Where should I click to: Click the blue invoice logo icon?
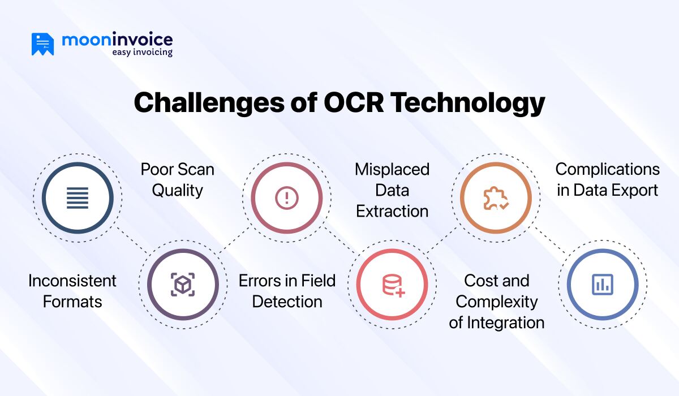(x=43, y=44)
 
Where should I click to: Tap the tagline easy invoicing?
(x=142, y=52)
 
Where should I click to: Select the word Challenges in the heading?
(x=209, y=103)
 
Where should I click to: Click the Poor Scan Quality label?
(x=177, y=180)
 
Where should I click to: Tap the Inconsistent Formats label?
(x=72, y=291)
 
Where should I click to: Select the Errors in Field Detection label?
(x=287, y=291)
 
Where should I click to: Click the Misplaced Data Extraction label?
(x=392, y=190)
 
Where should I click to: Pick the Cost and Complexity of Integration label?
(x=497, y=302)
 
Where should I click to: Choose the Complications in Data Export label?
(x=608, y=180)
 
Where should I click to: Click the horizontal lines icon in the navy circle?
(x=78, y=198)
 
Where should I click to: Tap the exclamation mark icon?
(x=287, y=198)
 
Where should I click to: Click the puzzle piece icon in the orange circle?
(x=496, y=198)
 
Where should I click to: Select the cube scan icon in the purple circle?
(x=183, y=285)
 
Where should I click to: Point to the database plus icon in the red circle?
(x=393, y=286)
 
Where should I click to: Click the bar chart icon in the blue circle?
(x=603, y=285)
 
